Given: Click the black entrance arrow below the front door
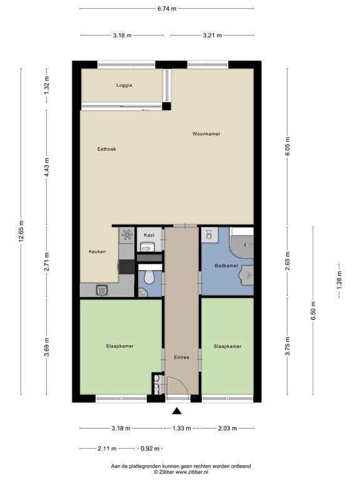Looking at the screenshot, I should pos(177,411).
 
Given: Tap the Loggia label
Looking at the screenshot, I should pos(124,86).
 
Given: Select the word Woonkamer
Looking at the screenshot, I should pos(206,134).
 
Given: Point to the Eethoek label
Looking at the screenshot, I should pos(107,149).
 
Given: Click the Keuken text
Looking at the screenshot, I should pos(97,252).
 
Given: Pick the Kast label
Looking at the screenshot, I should pos(149,235).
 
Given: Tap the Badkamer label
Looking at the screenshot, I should pos(227,266).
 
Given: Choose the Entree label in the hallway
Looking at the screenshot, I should pos(182,357).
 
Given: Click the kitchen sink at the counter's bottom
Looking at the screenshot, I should pos(101,289).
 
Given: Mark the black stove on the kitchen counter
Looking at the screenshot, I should pos(126,267).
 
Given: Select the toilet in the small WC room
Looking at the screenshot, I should pos(149,276).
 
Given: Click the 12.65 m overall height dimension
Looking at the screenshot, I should pos(21,231).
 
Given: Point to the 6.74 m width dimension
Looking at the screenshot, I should pos(167,8).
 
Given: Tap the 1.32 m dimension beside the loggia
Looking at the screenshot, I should pos(47,88).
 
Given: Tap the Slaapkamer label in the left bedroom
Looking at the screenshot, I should pos(120,346).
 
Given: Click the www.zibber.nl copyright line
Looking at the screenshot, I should pos(180,472).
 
